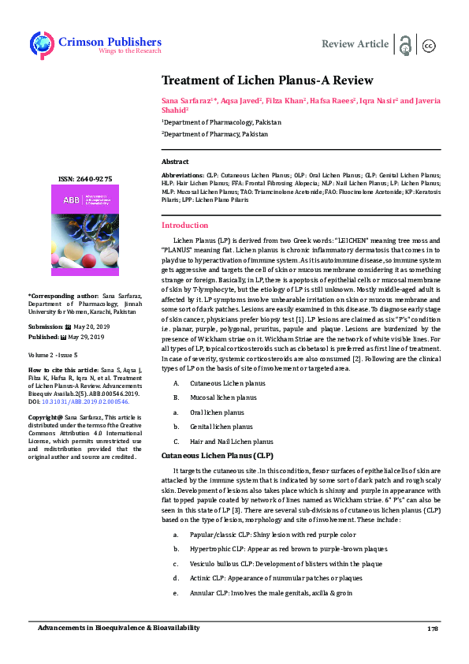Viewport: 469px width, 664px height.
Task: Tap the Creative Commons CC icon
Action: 430,44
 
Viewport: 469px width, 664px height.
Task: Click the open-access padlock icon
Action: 407,44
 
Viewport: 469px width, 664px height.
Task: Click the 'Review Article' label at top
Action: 355,44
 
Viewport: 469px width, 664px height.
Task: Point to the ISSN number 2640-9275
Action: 84,179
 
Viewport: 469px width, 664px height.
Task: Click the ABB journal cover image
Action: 84,229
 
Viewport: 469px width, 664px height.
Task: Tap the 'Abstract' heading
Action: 175,161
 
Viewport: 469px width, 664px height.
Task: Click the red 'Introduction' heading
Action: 184,226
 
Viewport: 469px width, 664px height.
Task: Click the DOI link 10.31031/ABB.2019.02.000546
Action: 80,401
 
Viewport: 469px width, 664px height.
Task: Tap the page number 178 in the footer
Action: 432,629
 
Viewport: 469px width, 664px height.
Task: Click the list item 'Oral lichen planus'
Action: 217,412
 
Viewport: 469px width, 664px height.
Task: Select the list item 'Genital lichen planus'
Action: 221,427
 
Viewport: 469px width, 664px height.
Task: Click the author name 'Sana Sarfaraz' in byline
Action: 187,101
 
